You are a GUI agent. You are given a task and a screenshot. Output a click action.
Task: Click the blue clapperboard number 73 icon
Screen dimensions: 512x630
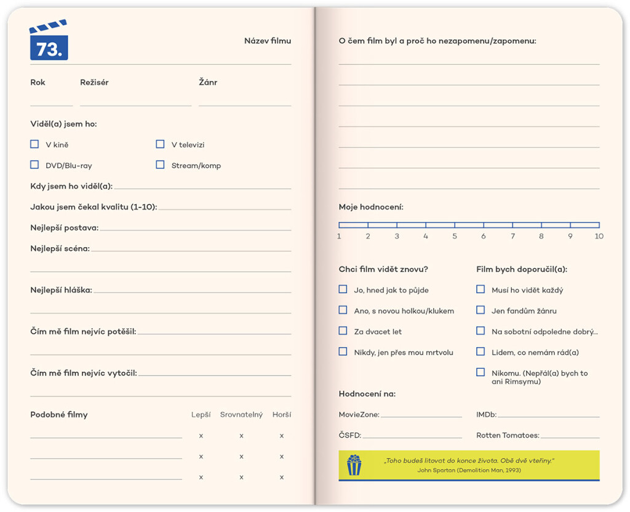pyautogui.click(x=49, y=41)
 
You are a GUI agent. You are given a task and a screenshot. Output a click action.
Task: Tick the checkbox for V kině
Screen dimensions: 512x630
pyautogui.click(x=34, y=144)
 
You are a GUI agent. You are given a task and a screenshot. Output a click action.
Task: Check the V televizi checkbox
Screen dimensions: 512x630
pyautogui.click(x=160, y=144)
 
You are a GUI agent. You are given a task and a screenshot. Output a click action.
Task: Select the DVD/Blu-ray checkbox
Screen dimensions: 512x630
pyautogui.click(x=34, y=165)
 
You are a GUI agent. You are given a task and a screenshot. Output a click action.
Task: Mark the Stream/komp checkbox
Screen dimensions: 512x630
pyautogui.click(x=160, y=165)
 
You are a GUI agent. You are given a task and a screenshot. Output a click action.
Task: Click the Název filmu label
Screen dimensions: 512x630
pyautogui.click(x=267, y=41)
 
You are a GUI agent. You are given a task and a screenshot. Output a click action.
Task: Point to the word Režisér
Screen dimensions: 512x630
pyautogui.click(x=94, y=82)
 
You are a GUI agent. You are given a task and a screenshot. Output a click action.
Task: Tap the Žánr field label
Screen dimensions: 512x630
pyautogui.click(x=208, y=82)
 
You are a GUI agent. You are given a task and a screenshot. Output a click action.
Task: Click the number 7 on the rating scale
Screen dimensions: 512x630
pyautogui.click(x=512, y=237)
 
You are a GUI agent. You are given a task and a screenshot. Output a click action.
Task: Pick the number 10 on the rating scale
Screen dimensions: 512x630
pyautogui.click(x=599, y=237)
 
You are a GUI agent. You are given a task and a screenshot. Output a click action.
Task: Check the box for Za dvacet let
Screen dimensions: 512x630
pyautogui.click(x=343, y=331)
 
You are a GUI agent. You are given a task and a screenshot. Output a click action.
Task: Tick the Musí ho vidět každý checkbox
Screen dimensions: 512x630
pyautogui.click(x=480, y=289)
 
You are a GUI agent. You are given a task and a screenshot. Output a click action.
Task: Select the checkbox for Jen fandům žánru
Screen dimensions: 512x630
pyautogui.click(x=480, y=310)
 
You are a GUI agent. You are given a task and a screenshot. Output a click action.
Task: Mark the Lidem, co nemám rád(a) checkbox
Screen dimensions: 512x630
pyautogui.click(x=480, y=352)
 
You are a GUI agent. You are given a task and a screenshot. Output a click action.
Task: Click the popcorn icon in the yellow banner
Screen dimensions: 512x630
pyautogui.click(x=354, y=465)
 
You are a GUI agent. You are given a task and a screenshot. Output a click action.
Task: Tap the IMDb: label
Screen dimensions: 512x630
pyautogui.click(x=486, y=415)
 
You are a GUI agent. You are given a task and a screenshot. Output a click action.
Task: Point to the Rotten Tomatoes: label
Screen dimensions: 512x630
pyautogui.click(x=508, y=435)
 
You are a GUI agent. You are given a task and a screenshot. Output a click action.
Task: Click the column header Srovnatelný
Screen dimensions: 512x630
pyautogui.click(x=241, y=415)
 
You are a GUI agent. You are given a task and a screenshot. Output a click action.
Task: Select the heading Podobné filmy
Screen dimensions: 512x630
pyautogui.click(x=59, y=415)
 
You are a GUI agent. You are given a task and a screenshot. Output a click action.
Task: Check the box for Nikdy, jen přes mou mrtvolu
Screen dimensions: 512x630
pyautogui.click(x=343, y=352)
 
